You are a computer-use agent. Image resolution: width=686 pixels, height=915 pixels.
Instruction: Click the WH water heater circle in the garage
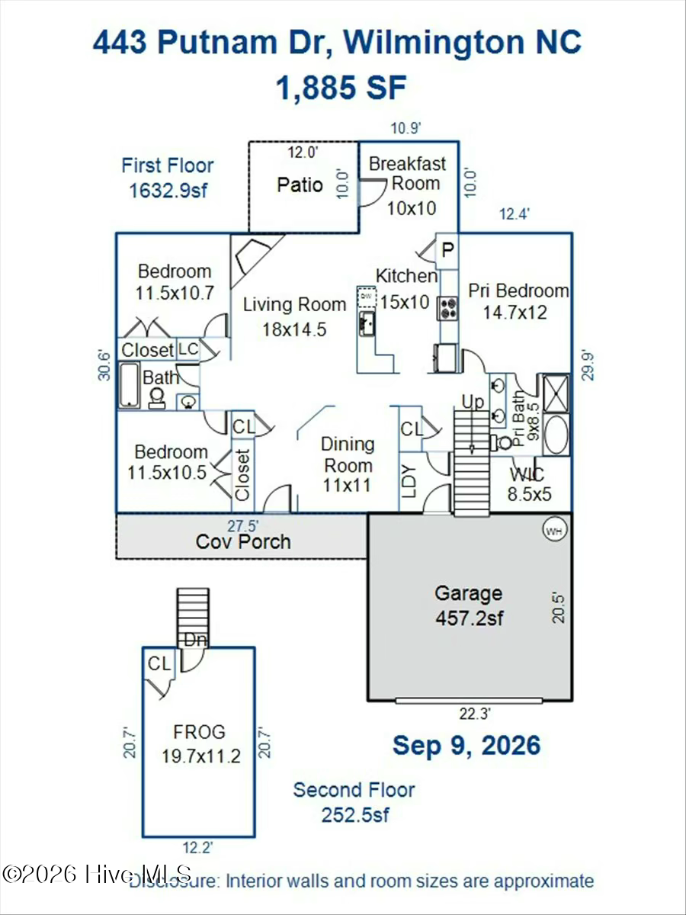(x=555, y=531)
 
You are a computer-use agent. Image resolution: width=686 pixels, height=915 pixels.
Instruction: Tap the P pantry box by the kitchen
(x=447, y=251)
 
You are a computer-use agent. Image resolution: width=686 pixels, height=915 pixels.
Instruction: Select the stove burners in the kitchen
(x=447, y=308)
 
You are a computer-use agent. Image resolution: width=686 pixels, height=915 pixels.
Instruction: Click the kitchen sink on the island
(x=367, y=323)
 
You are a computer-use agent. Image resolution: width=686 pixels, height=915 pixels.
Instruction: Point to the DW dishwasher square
(x=367, y=297)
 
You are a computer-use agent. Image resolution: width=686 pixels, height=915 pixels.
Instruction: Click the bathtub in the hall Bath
(x=129, y=385)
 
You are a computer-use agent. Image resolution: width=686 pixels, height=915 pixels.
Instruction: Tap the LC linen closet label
(x=188, y=349)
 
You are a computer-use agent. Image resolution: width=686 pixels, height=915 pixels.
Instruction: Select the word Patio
(x=300, y=185)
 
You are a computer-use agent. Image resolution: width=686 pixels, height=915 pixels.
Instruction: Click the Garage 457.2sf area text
(x=469, y=605)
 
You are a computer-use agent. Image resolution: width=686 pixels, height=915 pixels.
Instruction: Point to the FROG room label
(x=199, y=732)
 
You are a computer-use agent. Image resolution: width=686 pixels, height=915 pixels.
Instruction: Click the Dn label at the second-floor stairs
(x=195, y=640)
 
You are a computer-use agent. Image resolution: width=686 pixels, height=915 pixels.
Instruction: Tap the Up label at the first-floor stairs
(x=473, y=401)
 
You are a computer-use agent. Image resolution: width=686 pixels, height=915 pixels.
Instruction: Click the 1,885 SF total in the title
(x=341, y=87)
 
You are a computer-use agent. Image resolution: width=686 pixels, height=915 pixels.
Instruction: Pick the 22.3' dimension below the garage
(x=475, y=714)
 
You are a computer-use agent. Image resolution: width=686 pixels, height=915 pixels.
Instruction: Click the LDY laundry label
(x=410, y=481)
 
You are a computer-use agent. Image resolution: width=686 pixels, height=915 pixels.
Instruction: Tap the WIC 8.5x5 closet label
(x=529, y=484)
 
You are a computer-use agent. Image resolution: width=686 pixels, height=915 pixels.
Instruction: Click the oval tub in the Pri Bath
(x=556, y=435)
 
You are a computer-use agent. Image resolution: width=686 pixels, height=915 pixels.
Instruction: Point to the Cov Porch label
(x=243, y=541)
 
